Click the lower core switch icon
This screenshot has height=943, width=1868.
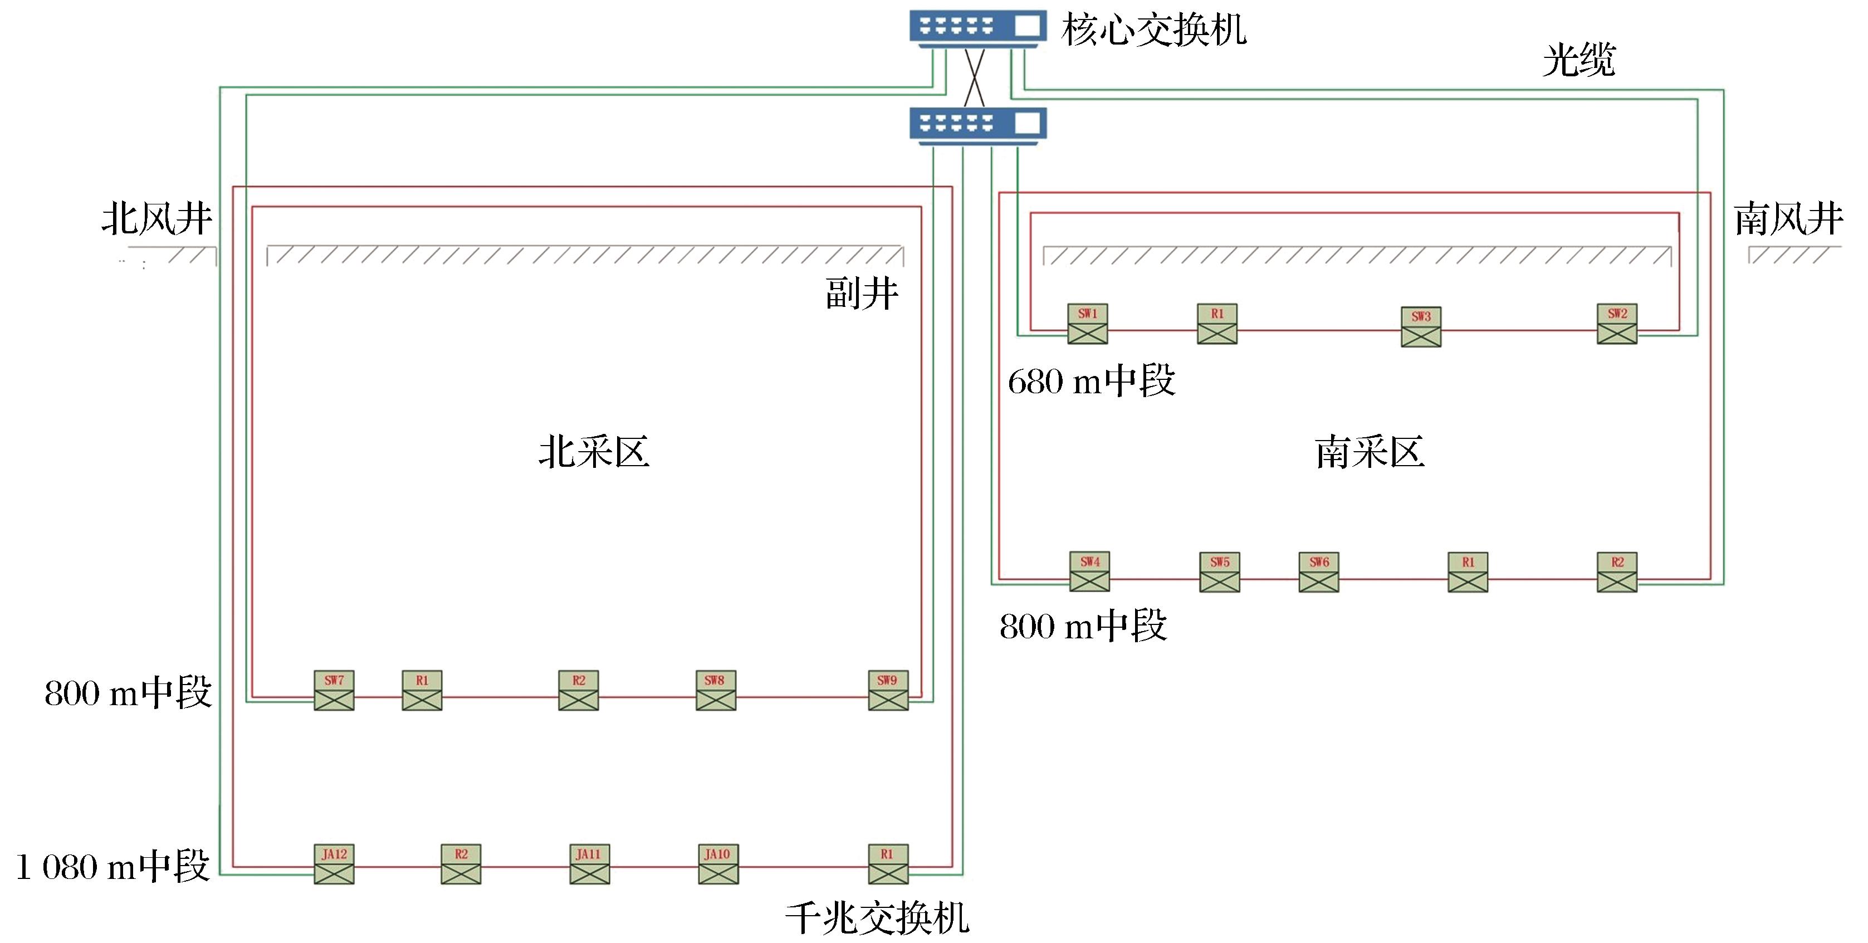[x=977, y=125]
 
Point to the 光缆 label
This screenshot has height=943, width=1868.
[x=1578, y=60]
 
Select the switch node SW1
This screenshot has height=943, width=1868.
[x=1088, y=324]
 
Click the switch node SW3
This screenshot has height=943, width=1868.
[x=1421, y=326]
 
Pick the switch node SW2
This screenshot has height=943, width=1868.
[x=1617, y=324]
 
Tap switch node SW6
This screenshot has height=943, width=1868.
[x=1319, y=573]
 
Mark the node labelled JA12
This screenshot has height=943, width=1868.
[x=334, y=864]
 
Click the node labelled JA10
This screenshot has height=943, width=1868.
[x=718, y=864]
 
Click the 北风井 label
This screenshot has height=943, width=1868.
[x=157, y=218]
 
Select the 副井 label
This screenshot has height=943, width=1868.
[x=862, y=294]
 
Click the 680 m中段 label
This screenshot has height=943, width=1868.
[x=1092, y=382]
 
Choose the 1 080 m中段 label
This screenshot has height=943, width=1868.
[x=113, y=867]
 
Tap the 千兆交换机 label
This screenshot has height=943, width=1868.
[x=877, y=918]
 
